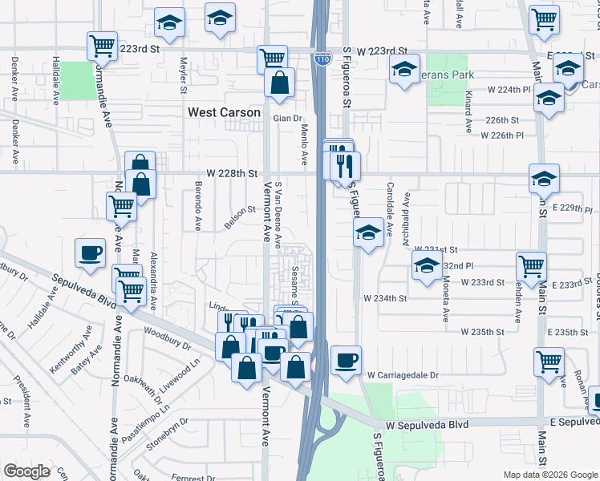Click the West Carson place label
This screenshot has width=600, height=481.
click(x=224, y=112)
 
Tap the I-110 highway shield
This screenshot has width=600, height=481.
click(x=322, y=59)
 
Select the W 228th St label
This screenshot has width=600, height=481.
click(x=231, y=173)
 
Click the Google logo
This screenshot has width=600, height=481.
click(x=26, y=471)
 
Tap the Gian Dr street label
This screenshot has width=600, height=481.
click(x=286, y=119)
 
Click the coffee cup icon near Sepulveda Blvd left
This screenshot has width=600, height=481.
click(x=90, y=253)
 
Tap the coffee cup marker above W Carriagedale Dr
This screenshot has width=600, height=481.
click(x=346, y=359)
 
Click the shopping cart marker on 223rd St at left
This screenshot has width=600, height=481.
click(x=102, y=46)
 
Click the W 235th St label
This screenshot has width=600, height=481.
click(x=482, y=331)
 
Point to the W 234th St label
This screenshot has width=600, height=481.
click(x=385, y=297)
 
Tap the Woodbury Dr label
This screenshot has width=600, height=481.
click(x=167, y=338)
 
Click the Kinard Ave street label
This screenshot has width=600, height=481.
click(x=468, y=111)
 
